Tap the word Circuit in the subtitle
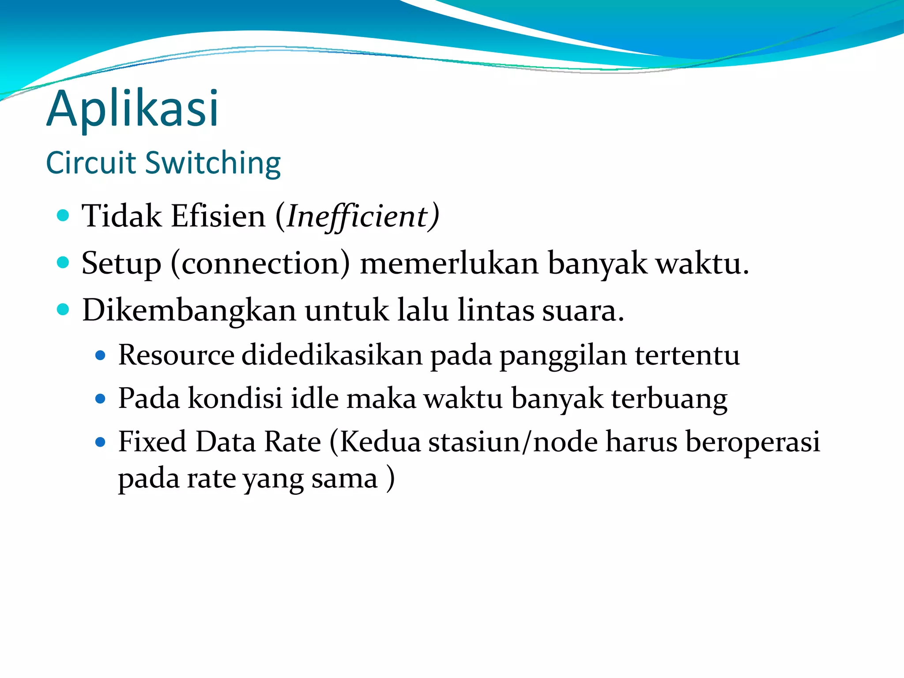91,163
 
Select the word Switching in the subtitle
213,164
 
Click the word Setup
121,264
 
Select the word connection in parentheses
260,264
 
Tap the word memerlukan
449,264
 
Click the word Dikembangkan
189,310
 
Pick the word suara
582,310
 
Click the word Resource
176,355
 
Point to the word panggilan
563,356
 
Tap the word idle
315,398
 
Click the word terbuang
669,399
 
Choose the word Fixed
152,441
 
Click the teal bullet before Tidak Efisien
64,215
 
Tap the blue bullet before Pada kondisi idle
101,399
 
